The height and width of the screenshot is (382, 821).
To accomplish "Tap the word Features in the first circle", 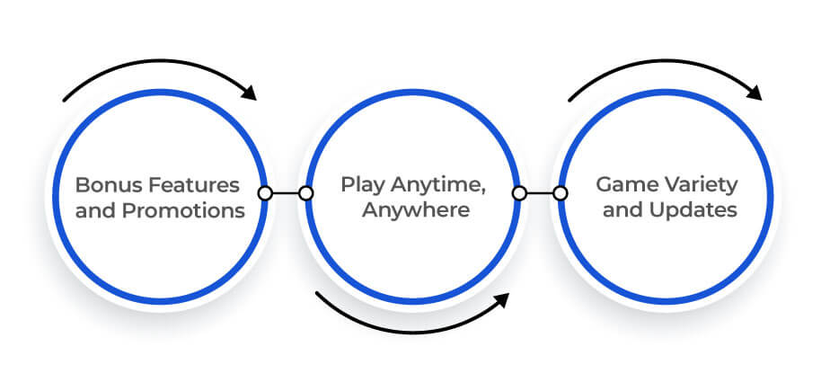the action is [x=193, y=185].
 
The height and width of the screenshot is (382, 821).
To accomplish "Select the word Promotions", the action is [x=183, y=210].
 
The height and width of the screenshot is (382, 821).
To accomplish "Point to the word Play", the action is [x=363, y=185].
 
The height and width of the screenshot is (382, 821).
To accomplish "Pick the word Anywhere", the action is [x=416, y=210].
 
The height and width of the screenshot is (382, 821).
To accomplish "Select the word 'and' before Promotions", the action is [x=96, y=210].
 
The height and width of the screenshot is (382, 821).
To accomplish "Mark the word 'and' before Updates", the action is [x=623, y=210].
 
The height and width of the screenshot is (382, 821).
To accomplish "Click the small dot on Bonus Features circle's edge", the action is [x=266, y=193].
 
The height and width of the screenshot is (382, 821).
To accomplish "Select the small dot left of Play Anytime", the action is [x=305, y=193].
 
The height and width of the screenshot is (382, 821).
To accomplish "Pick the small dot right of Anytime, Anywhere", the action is [x=519, y=193].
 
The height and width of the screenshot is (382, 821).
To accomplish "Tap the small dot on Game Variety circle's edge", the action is [x=561, y=193].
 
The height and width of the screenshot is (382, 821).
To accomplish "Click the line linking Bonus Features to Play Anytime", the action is [x=286, y=193].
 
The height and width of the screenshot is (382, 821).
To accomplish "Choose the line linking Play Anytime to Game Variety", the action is [x=540, y=193].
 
